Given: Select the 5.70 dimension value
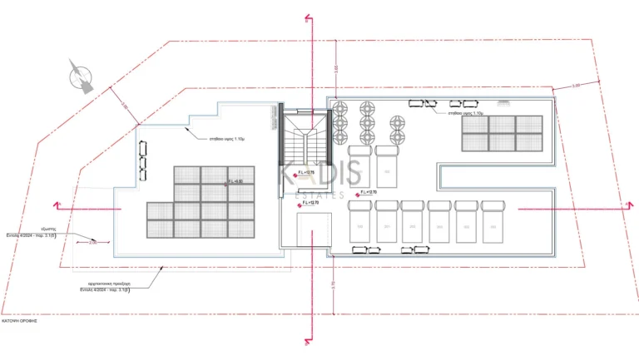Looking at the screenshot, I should (x=333, y=284).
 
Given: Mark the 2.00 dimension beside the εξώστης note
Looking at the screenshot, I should (x=93, y=243).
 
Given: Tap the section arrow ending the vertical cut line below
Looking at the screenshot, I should (x=309, y=340).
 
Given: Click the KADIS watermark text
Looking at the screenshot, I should (x=319, y=175).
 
